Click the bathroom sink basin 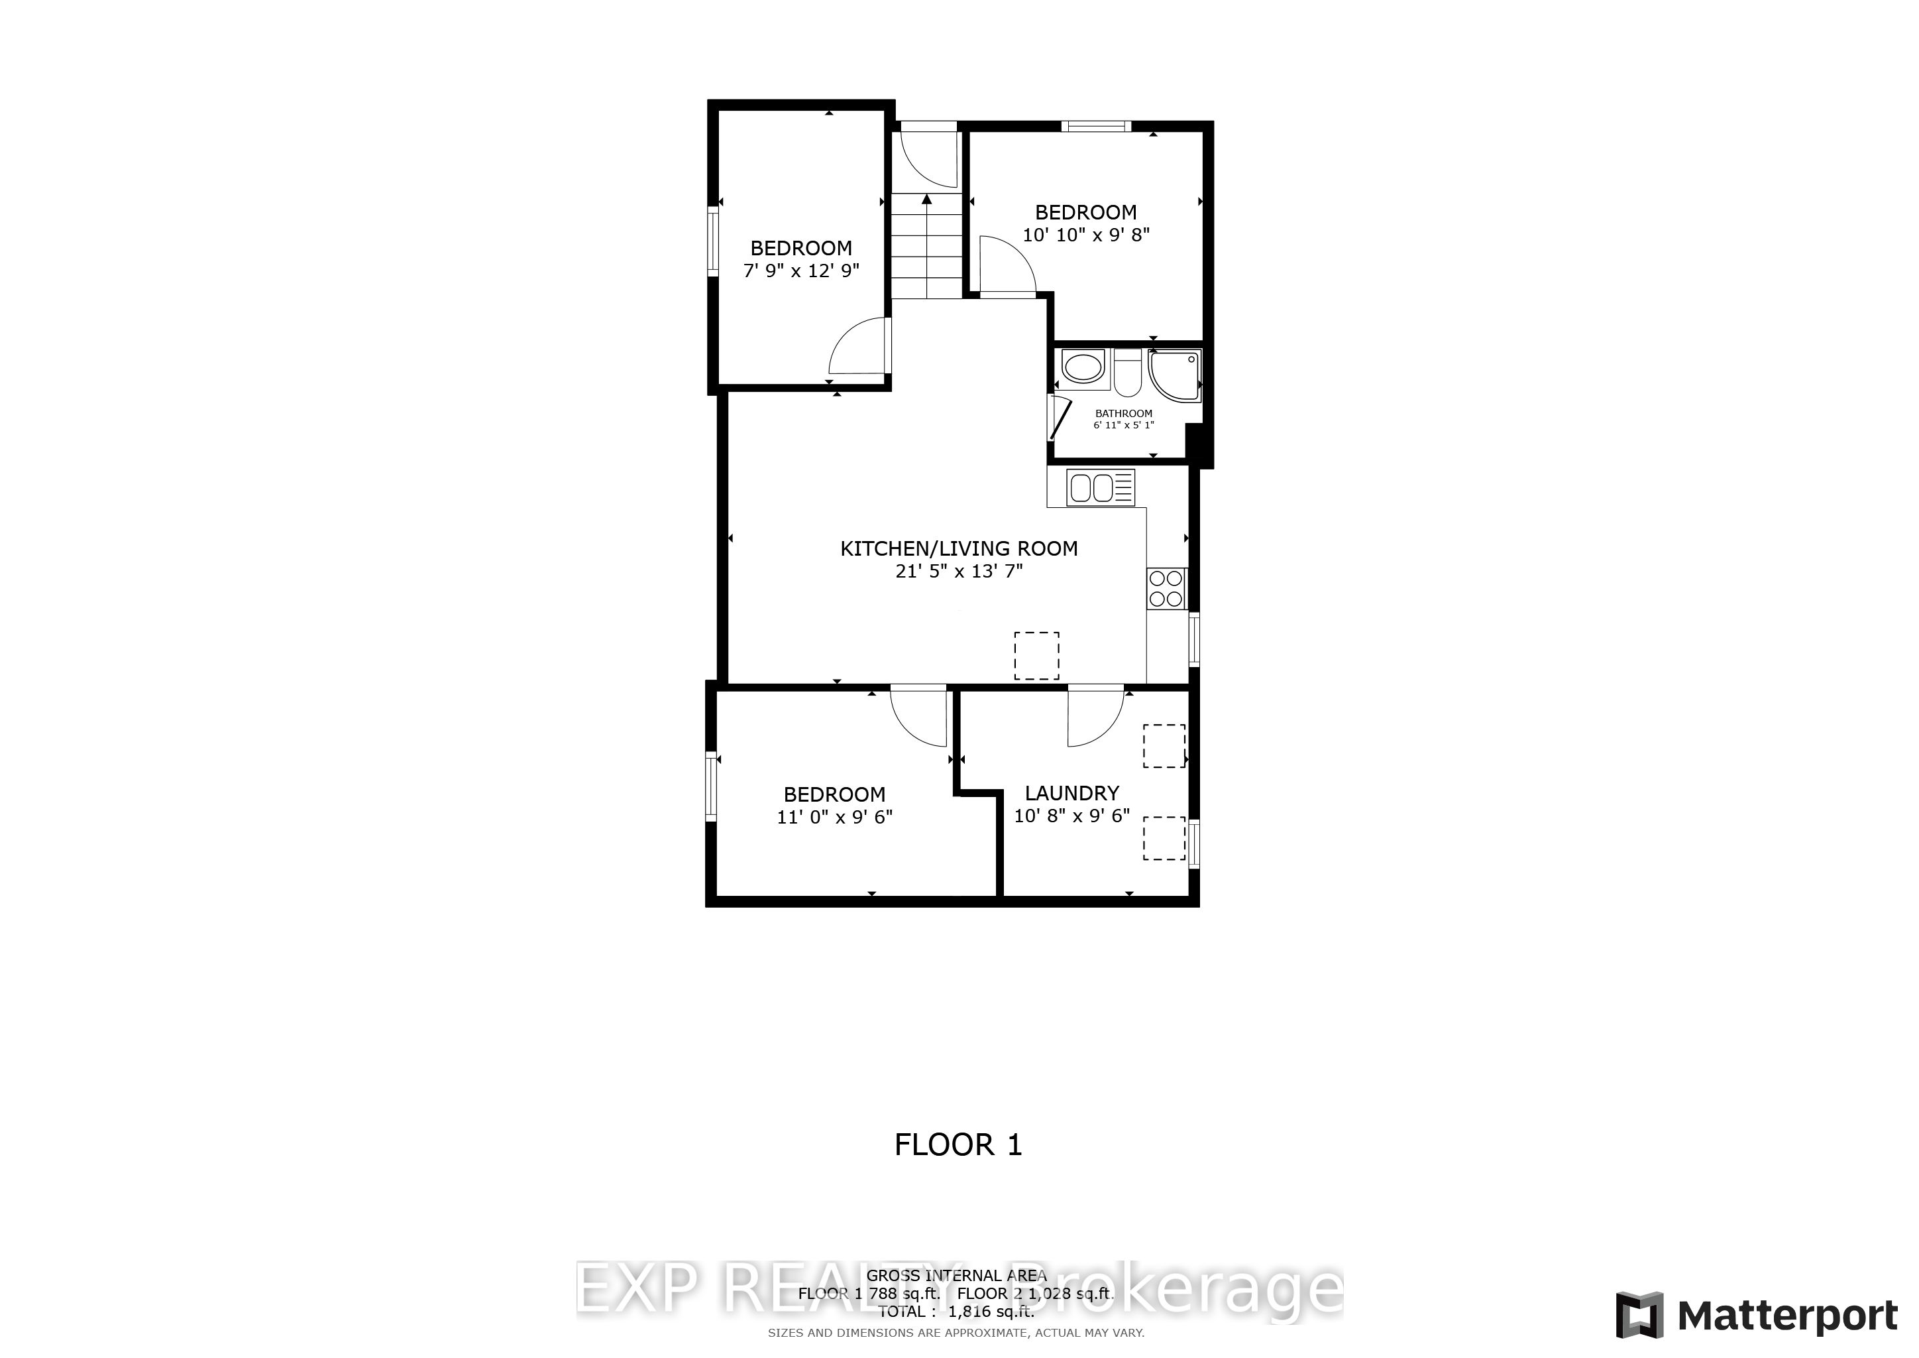coord(1083,369)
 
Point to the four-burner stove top coord(1166,588)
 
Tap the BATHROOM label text coord(1123,413)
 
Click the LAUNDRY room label coord(1071,793)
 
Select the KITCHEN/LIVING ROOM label coord(959,548)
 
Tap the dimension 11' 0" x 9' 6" coord(834,817)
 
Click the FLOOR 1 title coord(958,1144)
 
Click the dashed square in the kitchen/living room coord(1036,656)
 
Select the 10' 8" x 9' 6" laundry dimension coord(1071,816)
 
